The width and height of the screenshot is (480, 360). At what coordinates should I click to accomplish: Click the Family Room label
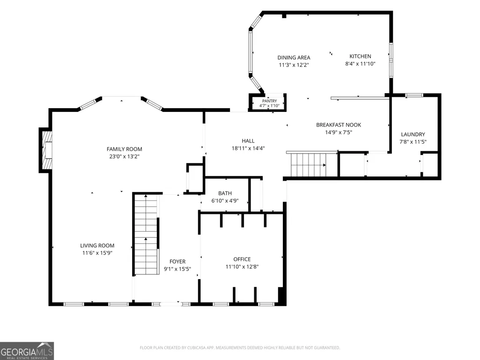tap(124, 149)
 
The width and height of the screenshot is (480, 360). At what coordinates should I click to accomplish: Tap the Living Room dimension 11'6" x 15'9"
tap(97, 253)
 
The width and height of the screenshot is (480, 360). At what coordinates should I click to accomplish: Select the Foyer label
tap(177, 261)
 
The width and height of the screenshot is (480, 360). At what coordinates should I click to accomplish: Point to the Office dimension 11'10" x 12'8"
tap(242, 267)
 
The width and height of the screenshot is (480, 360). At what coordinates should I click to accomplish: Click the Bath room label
tap(225, 193)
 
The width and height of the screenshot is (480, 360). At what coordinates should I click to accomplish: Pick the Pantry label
tap(269, 101)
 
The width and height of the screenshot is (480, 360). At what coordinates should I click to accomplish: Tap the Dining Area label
tap(294, 58)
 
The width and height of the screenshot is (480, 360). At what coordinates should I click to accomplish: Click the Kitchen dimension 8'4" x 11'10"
tap(360, 64)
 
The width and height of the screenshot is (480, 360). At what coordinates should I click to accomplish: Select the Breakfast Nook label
tap(339, 125)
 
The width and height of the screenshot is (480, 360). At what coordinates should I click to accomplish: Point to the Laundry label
tap(413, 134)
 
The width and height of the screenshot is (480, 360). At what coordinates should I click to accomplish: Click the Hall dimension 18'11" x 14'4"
tap(248, 148)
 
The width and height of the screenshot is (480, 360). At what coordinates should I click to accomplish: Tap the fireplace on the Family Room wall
tap(46, 150)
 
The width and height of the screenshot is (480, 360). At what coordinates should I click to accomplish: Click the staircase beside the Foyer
tap(146, 234)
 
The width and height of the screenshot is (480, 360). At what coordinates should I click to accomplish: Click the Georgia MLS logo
tap(27, 351)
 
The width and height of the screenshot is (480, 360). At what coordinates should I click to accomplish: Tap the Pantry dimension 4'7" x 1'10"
tap(269, 106)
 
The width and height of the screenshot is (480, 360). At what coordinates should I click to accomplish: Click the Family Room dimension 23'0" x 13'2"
tap(124, 156)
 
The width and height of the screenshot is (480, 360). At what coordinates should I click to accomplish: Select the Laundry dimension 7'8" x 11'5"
tap(413, 142)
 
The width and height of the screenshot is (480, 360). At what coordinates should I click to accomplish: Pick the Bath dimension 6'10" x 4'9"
tap(225, 201)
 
